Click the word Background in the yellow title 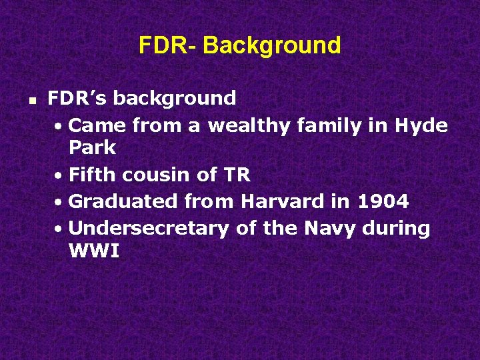[x=272, y=45]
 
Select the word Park [x=92, y=147]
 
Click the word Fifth [x=93, y=175]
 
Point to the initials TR [x=237, y=175]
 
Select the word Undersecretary [x=149, y=228]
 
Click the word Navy [x=330, y=228]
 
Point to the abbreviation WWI [x=93, y=251]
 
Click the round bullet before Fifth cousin [x=59, y=176]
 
